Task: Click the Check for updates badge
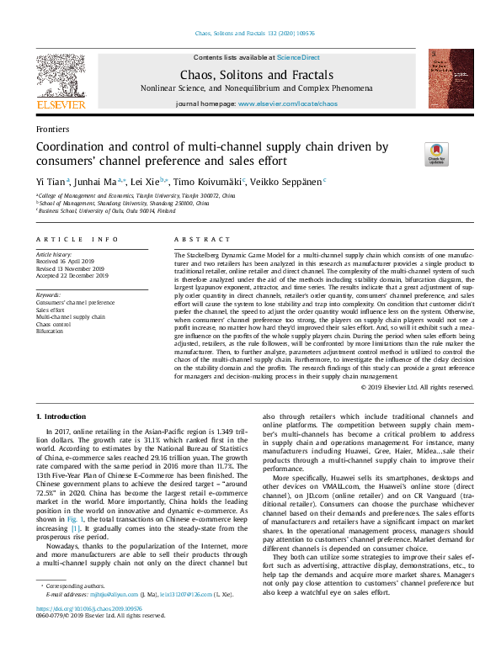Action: (436, 153)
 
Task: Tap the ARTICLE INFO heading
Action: (77, 239)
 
